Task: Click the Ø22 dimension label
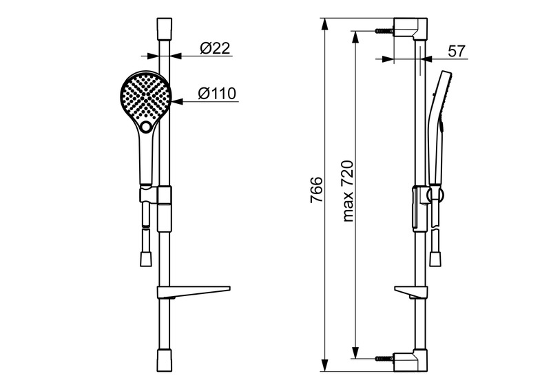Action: tap(215, 48)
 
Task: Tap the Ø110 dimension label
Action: tap(217, 94)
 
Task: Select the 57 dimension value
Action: tap(457, 52)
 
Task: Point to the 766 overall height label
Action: tap(316, 190)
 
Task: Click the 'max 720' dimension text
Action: tap(348, 191)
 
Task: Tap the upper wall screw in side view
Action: tap(384, 31)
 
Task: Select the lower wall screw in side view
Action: tap(384, 359)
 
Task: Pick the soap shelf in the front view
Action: tap(194, 292)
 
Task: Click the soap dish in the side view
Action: tap(410, 293)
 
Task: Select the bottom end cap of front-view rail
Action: tap(165, 360)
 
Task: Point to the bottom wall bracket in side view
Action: tap(410, 361)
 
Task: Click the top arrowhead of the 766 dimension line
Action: tap(325, 24)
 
